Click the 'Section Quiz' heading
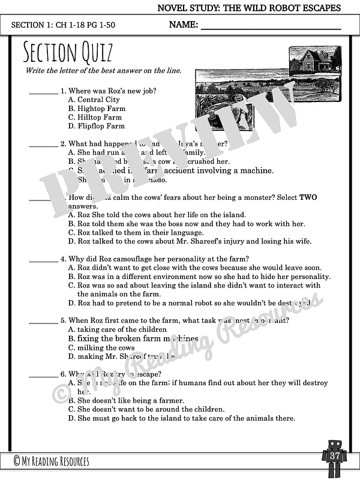(67, 53)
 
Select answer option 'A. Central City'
(94, 100)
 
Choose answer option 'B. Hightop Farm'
(97, 109)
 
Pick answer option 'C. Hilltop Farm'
(96, 118)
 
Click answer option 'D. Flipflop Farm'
(97, 126)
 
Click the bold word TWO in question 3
(308, 197)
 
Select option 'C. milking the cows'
(101, 347)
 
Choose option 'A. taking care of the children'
(117, 329)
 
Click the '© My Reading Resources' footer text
(51, 461)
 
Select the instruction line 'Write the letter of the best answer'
(103, 71)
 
